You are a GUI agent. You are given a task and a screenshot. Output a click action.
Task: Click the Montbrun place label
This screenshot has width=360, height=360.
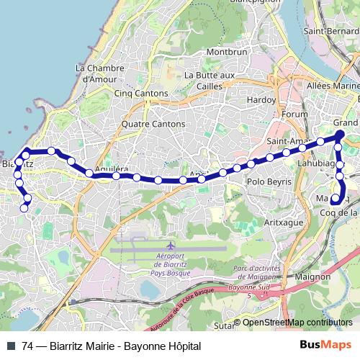click(x=227, y=53)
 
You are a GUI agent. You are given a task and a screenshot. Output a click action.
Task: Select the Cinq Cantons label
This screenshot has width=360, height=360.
click(x=141, y=94)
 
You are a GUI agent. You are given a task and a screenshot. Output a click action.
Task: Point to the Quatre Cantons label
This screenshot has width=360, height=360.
click(x=153, y=124)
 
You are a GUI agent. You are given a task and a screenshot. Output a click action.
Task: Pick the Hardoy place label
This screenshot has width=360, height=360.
click(x=261, y=99)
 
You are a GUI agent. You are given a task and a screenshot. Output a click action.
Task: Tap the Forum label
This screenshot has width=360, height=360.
click(x=295, y=114)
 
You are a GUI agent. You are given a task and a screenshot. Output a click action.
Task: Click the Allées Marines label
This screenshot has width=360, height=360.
click(x=333, y=86)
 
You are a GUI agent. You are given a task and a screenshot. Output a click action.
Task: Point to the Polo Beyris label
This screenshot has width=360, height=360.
click(x=270, y=182)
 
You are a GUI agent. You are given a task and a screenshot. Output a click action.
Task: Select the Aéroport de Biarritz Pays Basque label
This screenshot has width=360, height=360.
click(x=170, y=264)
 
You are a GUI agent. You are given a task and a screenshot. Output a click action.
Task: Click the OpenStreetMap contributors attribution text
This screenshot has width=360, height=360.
click(x=297, y=322)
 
